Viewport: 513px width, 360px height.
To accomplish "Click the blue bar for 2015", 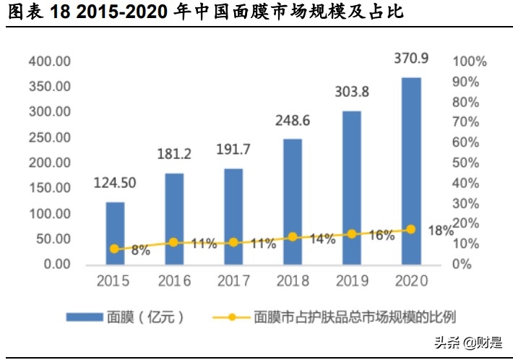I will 115,233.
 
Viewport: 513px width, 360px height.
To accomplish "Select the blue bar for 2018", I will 293,201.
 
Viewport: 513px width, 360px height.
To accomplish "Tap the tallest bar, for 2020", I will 411,171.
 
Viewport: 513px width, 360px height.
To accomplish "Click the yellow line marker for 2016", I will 174,242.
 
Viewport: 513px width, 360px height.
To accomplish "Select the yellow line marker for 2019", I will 352,233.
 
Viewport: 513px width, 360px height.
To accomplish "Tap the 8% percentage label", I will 140,251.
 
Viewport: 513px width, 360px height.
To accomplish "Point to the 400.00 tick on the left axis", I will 49,61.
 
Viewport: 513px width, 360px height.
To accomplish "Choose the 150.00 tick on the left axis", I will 49,188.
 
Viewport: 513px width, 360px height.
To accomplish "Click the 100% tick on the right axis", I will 470,61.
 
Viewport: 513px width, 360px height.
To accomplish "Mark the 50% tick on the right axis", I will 470,163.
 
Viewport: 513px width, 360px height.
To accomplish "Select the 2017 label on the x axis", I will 233,280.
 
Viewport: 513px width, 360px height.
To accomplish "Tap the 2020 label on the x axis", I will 411,280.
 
